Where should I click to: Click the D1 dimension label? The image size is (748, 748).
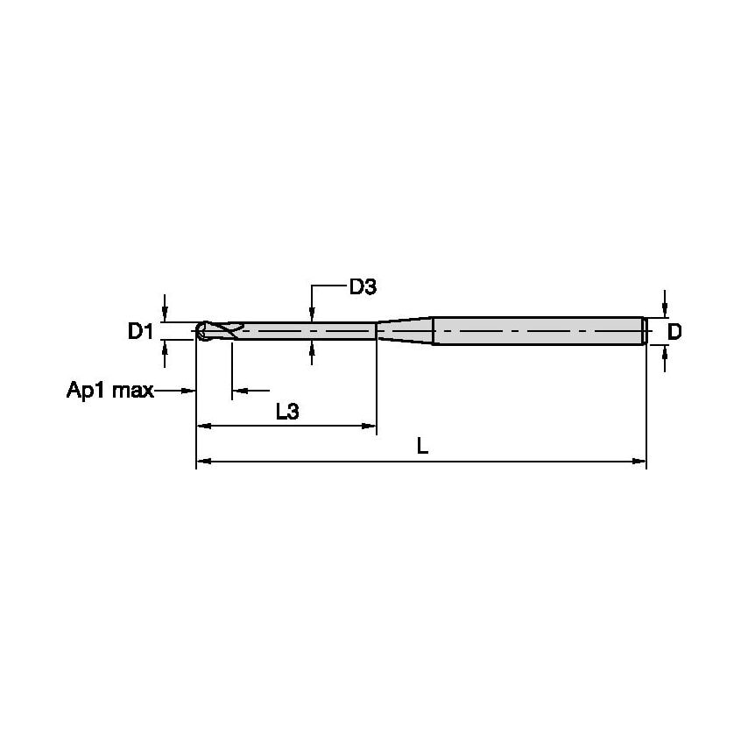pyautogui.click(x=141, y=331)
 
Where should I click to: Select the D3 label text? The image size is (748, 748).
pyautogui.click(x=363, y=286)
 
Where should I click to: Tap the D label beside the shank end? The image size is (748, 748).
pyautogui.click(x=674, y=331)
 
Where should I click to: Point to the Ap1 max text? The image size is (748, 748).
pyautogui.click(x=110, y=390)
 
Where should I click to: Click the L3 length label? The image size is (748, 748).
pyautogui.click(x=287, y=412)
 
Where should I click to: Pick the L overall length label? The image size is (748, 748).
pyautogui.click(x=422, y=447)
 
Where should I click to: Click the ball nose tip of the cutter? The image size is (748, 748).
pyautogui.click(x=201, y=331)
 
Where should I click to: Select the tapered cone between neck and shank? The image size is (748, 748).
pyautogui.click(x=404, y=330)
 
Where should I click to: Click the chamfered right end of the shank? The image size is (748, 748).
pyautogui.click(x=645, y=331)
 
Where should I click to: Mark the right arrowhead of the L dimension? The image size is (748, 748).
pyautogui.click(x=639, y=460)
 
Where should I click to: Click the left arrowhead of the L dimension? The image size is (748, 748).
pyautogui.click(x=203, y=460)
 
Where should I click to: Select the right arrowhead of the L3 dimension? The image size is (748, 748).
pyautogui.click(x=369, y=426)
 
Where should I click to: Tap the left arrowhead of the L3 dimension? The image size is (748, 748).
pyautogui.click(x=203, y=426)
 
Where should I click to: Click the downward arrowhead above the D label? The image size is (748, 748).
pyautogui.click(x=665, y=309)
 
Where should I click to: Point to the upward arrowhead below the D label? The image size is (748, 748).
pyautogui.click(x=665, y=352)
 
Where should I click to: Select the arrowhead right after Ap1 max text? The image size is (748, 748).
pyautogui.click(x=188, y=390)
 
